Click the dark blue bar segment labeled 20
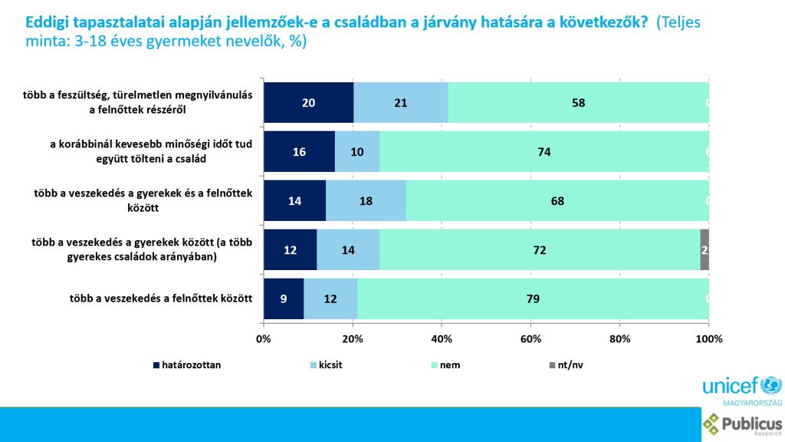click(308, 103)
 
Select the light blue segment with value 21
click(401, 103)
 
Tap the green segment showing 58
click(579, 103)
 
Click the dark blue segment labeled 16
click(299, 152)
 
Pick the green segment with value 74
click(544, 152)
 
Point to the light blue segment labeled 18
click(366, 201)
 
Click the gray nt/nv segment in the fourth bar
click(705, 250)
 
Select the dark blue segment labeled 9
click(284, 299)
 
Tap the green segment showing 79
click(533, 299)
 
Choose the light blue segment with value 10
click(356, 152)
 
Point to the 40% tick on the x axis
click(442, 338)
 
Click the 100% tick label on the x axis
click(708, 338)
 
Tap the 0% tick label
click(264, 338)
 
